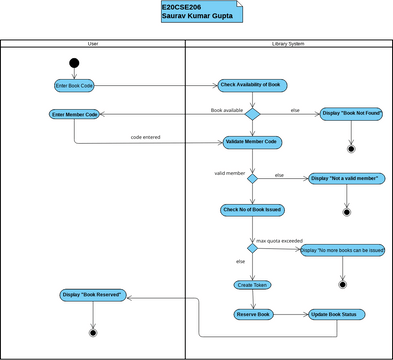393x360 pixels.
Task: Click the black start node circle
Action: click(x=74, y=63)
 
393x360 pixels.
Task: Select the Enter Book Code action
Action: click(x=74, y=86)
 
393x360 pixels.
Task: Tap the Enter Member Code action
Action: click(x=74, y=115)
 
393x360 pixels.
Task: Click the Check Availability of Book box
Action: click(x=251, y=85)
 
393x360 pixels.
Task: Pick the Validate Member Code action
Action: click(x=251, y=142)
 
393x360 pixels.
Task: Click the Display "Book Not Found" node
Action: click(x=351, y=115)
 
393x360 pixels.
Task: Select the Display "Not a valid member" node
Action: click(x=346, y=179)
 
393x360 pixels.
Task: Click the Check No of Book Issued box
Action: click(x=252, y=210)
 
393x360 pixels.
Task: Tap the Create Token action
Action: click(x=252, y=284)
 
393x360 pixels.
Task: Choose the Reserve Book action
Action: click(x=253, y=314)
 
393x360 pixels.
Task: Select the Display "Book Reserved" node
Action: click(x=92, y=295)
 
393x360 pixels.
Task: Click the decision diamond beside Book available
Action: click(x=252, y=114)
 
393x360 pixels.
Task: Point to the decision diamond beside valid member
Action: click(x=252, y=179)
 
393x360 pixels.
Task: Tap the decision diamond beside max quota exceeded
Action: click(x=252, y=248)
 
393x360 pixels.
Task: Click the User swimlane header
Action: click(x=93, y=44)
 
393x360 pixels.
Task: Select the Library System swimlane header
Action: click(x=288, y=44)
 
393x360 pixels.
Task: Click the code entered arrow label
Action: click(x=146, y=137)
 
